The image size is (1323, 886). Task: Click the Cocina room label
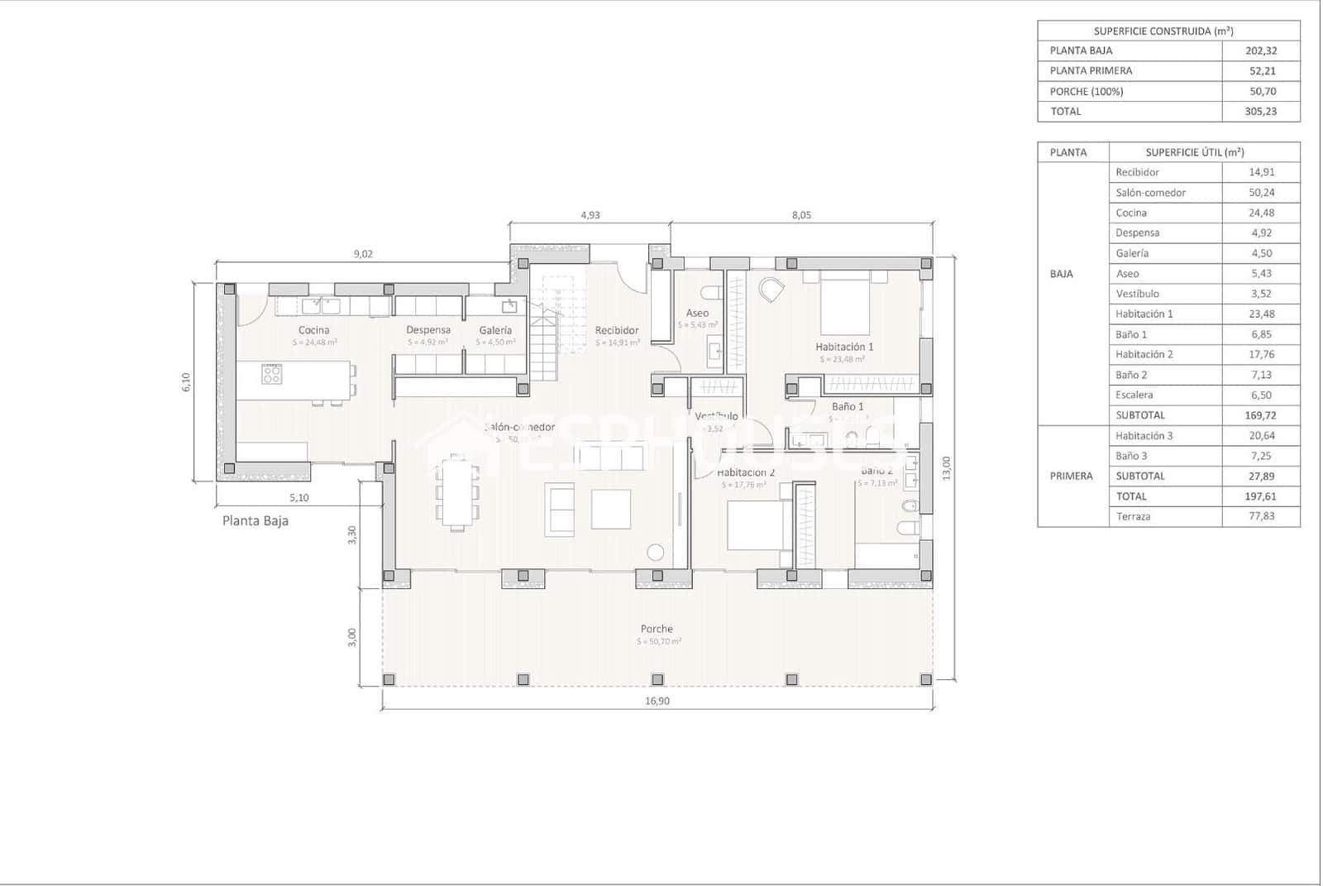[x=313, y=330]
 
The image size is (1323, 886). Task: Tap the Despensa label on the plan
[x=427, y=330]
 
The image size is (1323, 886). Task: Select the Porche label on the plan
[x=657, y=630]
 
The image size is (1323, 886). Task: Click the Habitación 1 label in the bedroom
[x=843, y=347]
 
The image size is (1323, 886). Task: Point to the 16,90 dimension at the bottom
[x=657, y=702]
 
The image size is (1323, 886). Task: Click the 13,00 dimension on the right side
[x=947, y=467]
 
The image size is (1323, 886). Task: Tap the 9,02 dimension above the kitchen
[x=363, y=254]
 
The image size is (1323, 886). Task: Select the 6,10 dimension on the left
[x=186, y=382]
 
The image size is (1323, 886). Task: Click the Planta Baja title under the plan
[x=256, y=521]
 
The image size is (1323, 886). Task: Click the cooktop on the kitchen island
[x=272, y=375]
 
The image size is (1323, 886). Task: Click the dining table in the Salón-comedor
[x=455, y=493]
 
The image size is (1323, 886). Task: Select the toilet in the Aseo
[x=709, y=291]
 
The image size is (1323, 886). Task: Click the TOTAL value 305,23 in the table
[x=1260, y=112]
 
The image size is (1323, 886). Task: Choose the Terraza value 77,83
[x=1260, y=516]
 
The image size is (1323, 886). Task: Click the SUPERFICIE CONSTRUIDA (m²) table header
[x=1163, y=31]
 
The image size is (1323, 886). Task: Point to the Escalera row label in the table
[x=1134, y=395]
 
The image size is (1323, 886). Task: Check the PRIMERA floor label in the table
[x=1071, y=477]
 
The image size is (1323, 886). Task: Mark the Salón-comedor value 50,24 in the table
[x=1261, y=193]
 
